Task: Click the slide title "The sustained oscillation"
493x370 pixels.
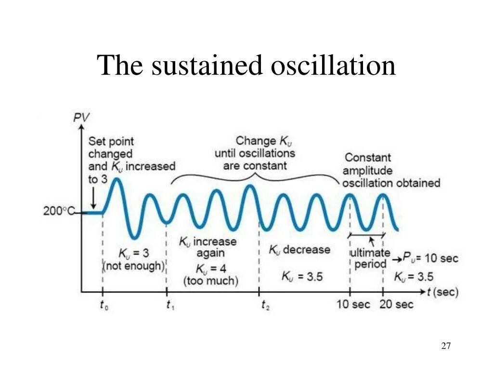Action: coord(246,66)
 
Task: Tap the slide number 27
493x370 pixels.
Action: coord(446,346)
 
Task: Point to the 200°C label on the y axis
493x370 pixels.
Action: coord(59,211)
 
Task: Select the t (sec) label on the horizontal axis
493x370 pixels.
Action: coord(442,291)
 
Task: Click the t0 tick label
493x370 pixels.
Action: coord(103,304)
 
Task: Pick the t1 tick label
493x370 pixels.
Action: coord(170,304)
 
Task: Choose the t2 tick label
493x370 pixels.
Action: coord(265,304)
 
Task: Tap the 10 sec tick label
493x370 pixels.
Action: coord(353,304)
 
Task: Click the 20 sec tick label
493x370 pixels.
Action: coord(397,304)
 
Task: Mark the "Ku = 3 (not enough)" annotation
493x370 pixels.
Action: coord(134,259)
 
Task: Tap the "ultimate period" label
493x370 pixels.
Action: coord(370,258)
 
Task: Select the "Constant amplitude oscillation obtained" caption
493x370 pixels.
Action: coord(391,170)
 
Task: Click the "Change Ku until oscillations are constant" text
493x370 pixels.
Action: coord(255,153)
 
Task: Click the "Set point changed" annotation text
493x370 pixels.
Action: coord(111,147)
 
